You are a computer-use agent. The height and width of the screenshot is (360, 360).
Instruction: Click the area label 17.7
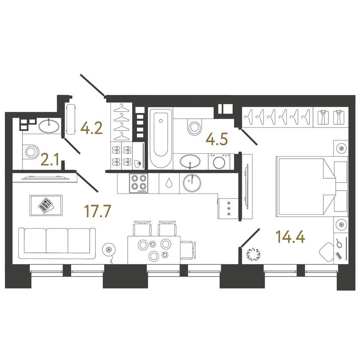click(x=97, y=211)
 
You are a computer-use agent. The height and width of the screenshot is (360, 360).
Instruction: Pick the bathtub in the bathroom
click(x=160, y=137)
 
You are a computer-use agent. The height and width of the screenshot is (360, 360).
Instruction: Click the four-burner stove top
click(x=138, y=183)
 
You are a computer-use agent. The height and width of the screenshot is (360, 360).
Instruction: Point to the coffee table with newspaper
click(x=46, y=205)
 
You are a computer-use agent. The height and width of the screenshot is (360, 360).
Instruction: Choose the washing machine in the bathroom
click(x=219, y=161)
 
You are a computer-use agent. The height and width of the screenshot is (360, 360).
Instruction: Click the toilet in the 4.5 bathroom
click(x=194, y=126)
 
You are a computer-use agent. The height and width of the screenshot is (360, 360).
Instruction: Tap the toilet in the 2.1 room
click(x=30, y=152)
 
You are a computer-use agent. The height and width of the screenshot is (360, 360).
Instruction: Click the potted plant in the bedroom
click(x=252, y=254)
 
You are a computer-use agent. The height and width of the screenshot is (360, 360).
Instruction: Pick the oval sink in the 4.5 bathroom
click(x=191, y=161)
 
